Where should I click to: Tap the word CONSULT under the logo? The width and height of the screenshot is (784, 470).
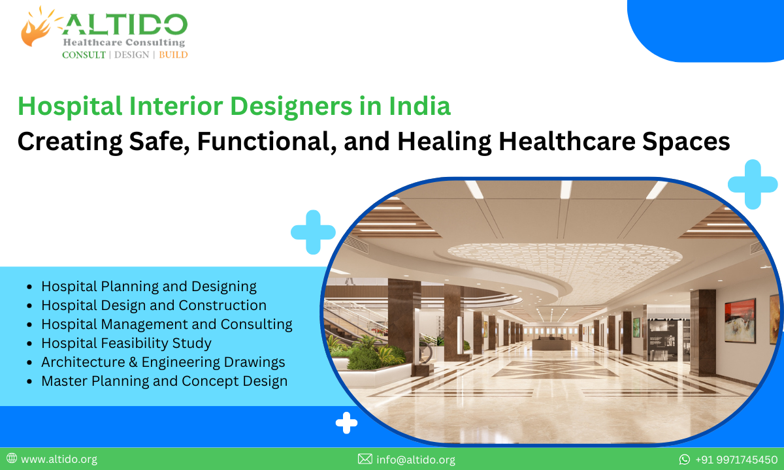84,55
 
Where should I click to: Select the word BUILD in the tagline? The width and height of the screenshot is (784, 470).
173,55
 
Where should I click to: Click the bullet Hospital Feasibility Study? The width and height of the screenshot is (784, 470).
126,343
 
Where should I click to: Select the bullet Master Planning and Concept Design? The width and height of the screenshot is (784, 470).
164,381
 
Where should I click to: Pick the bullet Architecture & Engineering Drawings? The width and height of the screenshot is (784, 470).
163,362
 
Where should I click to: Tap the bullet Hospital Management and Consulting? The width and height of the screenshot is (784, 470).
167,324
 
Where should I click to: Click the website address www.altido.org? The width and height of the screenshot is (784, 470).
59,460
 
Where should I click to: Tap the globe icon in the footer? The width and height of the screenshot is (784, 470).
11,460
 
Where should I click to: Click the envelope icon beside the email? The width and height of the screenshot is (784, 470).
365,460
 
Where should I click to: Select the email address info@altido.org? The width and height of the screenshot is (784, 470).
416,460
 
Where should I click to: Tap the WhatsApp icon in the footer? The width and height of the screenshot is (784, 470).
685,460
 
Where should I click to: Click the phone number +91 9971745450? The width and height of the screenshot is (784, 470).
736,460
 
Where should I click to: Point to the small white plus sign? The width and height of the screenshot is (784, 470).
346,423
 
